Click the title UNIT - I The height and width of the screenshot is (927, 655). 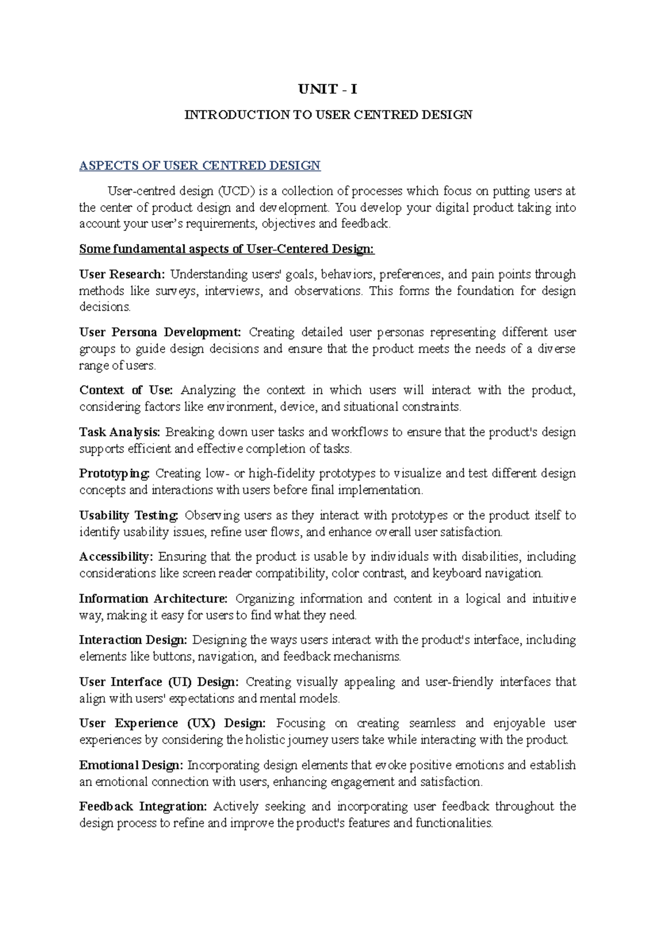click(x=327, y=89)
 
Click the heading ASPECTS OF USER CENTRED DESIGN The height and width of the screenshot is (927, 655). click(x=200, y=166)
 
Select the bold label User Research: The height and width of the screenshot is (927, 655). click(x=122, y=274)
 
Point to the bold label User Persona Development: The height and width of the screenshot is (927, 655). click(x=160, y=332)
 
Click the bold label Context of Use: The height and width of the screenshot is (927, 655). click(x=126, y=390)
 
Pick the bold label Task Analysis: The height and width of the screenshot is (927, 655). click(x=120, y=432)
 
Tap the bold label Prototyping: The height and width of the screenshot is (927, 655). click(x=114, y=473)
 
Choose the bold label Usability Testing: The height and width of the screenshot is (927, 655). click(x=129, y=515)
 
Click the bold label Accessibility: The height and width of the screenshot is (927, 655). click(x=116, y=556)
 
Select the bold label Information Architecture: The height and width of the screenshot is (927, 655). click(x=153, y=598)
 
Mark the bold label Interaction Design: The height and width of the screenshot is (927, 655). click(x=133, y=640)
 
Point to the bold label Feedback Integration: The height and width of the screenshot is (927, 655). click(x=143, y=806)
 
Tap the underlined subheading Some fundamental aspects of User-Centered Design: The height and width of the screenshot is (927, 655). click(x=227, y=249)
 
